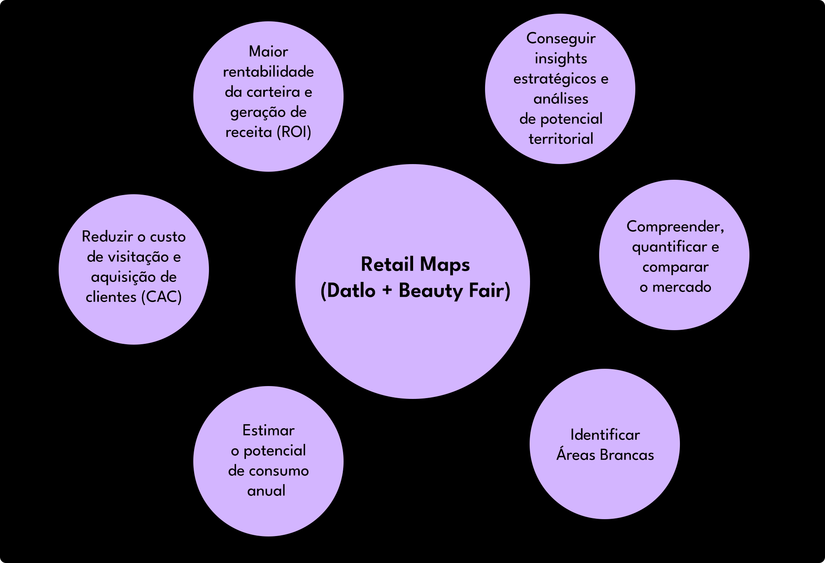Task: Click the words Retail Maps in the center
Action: [415, 265]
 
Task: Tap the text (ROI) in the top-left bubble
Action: [294, 132]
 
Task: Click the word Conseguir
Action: [561, 39]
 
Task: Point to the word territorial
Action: [561, 139]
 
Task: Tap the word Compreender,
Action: [675, 227]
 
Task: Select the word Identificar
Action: [605, 435]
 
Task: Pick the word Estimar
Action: [268, 430]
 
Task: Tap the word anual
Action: [266, 491]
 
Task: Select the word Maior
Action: [268, 51]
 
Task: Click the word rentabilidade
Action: [268, 72]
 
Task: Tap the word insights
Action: [561, 59]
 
